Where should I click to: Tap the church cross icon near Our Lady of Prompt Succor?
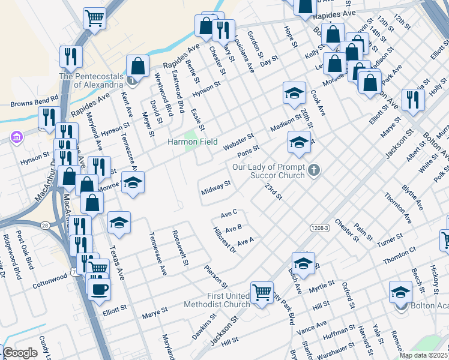(x=313, y=172)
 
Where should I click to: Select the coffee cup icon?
(x=99, y=289)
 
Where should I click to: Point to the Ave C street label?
(x=229, y=213)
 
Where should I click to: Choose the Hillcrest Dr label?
(x=224, y=240)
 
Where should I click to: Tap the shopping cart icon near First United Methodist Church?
(x=262, y=293)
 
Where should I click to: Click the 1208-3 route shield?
(x=319, y=228)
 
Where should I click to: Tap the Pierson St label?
(x=215, y=276)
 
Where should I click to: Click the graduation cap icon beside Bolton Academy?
(x=400, y=292)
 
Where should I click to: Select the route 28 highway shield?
(x=45, y=224)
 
